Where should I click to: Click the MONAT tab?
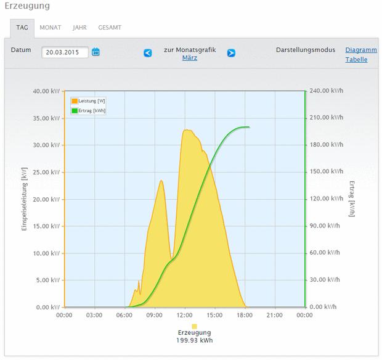(50, 28)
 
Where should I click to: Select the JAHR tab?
(79, 28)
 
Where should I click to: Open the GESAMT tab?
(110, 28)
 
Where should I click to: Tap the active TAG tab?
(22, 28)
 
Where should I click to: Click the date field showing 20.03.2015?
(65, 52)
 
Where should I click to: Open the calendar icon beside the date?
(95, 52)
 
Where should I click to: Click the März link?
(190, 58)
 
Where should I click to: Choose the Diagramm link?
(361, 50)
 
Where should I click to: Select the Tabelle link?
(356, 59)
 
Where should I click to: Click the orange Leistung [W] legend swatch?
(75, 101)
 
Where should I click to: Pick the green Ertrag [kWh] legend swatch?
(75, 111)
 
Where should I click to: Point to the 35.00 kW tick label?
(46, 118)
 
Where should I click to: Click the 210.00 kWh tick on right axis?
(326, 118)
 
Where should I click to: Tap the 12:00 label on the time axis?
(184, 315)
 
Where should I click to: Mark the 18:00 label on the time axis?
(245, 315)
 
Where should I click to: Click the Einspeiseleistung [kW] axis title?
(24, 199)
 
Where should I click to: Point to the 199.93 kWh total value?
(195, 340)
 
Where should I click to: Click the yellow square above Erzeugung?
(195, 326)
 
